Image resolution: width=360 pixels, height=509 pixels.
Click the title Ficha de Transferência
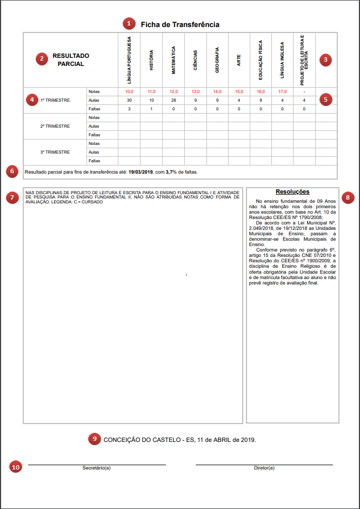pos(180,24)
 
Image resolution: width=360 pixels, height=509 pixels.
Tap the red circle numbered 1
pos(128,24)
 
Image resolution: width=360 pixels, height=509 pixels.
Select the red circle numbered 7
pos(12,197)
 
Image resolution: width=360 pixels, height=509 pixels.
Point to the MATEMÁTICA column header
pos(174,60)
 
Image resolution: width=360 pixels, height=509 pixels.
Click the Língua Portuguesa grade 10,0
pos(129,91)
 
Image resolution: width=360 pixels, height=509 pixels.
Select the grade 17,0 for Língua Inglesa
pos(282,91)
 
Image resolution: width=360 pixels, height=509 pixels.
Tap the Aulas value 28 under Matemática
pos(173,100)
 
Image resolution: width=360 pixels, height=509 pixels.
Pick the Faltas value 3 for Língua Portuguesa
pos(129,109)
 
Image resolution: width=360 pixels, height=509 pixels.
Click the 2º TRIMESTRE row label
pos(55,126)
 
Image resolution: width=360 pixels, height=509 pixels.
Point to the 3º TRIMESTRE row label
pos(55,152)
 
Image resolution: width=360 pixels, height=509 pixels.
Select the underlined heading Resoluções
pos(292,191)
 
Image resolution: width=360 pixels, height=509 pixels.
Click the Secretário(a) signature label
pos(97,468)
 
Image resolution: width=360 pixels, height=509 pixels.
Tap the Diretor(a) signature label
pos(264,468)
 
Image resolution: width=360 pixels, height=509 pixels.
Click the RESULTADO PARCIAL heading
pos(71,60)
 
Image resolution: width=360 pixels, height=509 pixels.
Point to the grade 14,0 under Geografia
pos(217,91)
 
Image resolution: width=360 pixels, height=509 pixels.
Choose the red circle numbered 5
pos(325,100)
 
